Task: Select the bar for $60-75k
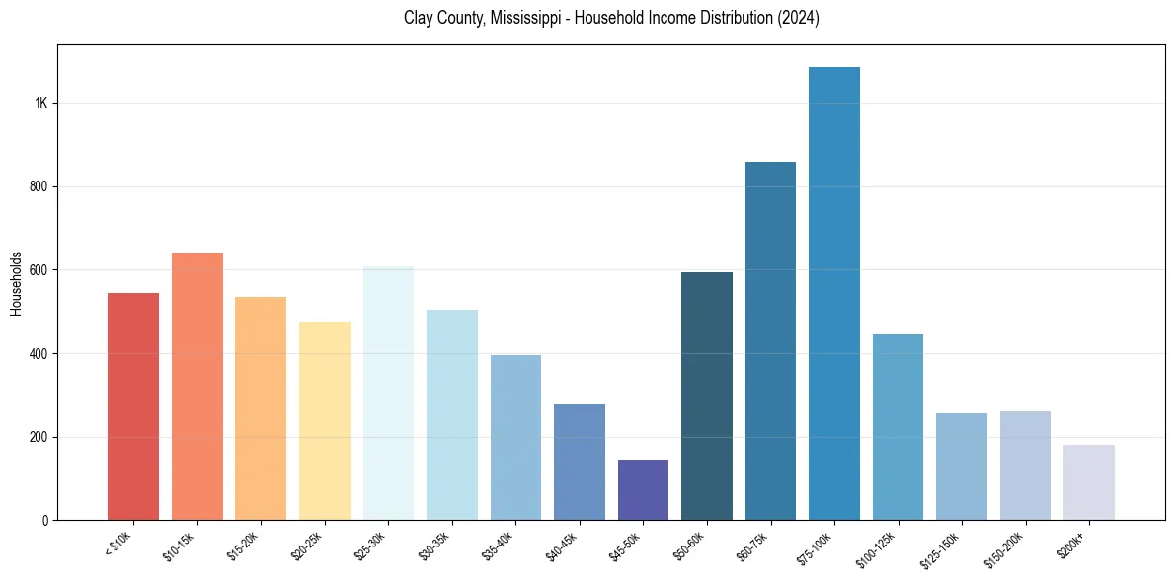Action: point(770,340)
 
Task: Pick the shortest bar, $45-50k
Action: point(643,489)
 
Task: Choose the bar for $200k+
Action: point(1089,482)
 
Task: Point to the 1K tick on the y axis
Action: point(40,104)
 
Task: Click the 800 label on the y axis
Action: point(39,186)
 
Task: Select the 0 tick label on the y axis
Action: point(45,520)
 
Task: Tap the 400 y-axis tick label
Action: point(39,353)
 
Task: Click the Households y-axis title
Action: point(17,283)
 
